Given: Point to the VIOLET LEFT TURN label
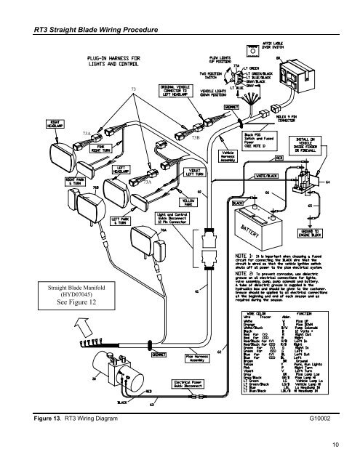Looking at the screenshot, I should tap(176, 173).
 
